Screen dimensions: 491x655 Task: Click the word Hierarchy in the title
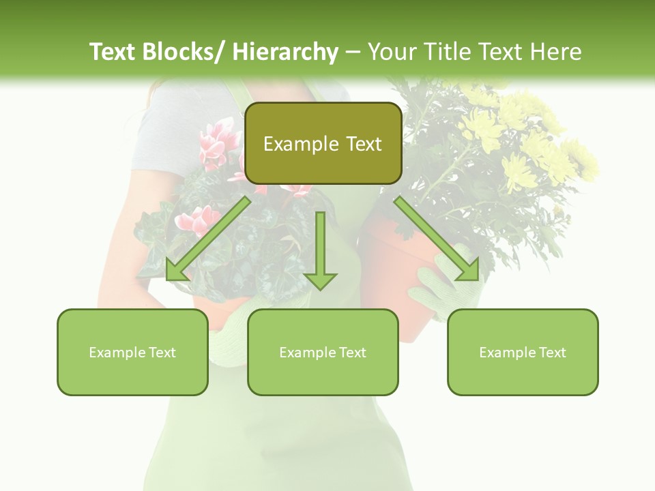tap(286, 52)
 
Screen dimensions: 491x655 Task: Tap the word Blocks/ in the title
tap(184, 52)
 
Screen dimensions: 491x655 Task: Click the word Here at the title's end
tap(557, 52)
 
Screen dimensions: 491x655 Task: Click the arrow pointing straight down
tap(321, 252)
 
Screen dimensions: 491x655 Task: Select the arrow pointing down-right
tap(437, 239)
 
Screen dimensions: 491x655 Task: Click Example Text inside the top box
tap(323, 144)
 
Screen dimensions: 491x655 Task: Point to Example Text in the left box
tap(132, 353)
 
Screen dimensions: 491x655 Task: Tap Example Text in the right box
tap(523, 353)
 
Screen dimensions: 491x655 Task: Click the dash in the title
tap(353, 53)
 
